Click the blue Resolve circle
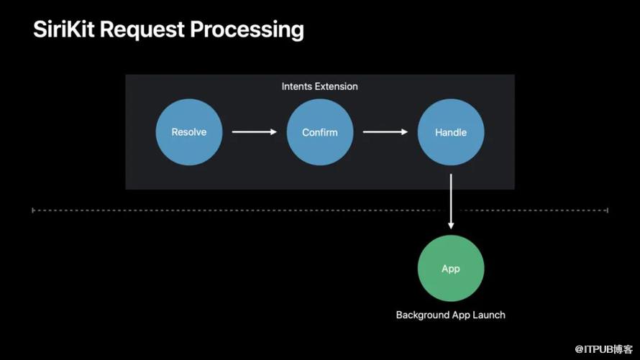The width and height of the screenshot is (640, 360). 189,132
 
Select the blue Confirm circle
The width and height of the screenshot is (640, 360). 320,132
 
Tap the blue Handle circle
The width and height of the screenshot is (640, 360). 451,132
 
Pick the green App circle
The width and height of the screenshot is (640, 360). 451,268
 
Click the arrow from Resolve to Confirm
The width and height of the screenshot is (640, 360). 255,131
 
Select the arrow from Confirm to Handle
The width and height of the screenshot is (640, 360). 385,131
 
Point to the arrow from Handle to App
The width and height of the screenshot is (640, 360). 451,201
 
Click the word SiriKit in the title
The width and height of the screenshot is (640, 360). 64,29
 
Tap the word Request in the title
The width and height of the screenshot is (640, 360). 142,30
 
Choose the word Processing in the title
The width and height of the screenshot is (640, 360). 247,30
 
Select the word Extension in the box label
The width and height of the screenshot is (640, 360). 337,86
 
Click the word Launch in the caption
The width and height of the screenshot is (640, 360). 490,315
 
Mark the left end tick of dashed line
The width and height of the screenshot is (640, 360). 33,211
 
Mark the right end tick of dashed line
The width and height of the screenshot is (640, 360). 608,211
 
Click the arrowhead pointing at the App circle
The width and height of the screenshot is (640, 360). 451,226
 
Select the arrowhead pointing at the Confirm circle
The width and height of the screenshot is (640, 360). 274,131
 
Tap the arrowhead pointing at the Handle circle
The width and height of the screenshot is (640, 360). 405,131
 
